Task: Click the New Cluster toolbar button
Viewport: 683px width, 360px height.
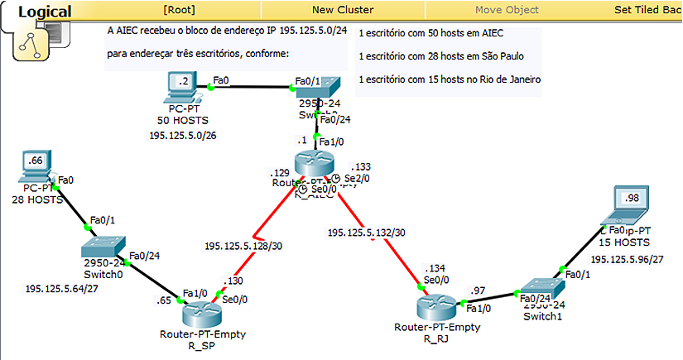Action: pos(342,10)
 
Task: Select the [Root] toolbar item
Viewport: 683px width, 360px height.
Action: pos(180,10)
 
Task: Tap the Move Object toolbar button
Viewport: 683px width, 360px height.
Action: pos(507,10)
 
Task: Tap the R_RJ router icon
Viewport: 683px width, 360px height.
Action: pos(436,306)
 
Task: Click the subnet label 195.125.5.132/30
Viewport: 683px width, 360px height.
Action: pos(366,233)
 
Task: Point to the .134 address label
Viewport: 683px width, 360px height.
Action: pos(434,269)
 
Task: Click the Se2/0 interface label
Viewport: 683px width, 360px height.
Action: pos(357,178)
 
